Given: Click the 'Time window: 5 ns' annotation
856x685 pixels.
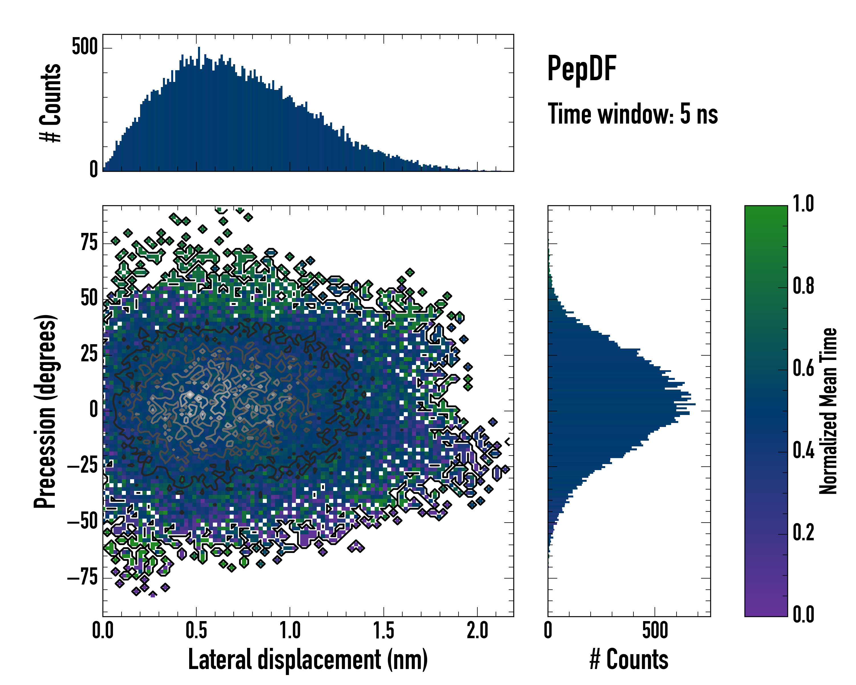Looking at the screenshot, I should tap(633, 114).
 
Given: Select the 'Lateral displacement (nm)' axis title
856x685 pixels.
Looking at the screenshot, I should tap(308, 659).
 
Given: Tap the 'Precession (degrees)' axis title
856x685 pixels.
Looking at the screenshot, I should tap(45, 411).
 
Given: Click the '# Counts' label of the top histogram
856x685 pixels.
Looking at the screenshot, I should tap(51, 103).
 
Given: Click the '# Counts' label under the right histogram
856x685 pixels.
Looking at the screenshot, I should tap(629, 659).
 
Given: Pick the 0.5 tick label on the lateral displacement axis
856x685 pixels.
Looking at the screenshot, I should tap(196, 630).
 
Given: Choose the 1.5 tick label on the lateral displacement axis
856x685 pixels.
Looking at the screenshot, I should tap(383, 630).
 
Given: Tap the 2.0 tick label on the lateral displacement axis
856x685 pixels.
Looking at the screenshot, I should tap(477, 630).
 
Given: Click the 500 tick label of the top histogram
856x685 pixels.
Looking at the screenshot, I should tap(84, 47).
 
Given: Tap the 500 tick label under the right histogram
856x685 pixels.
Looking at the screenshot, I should tap(655, 630).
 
